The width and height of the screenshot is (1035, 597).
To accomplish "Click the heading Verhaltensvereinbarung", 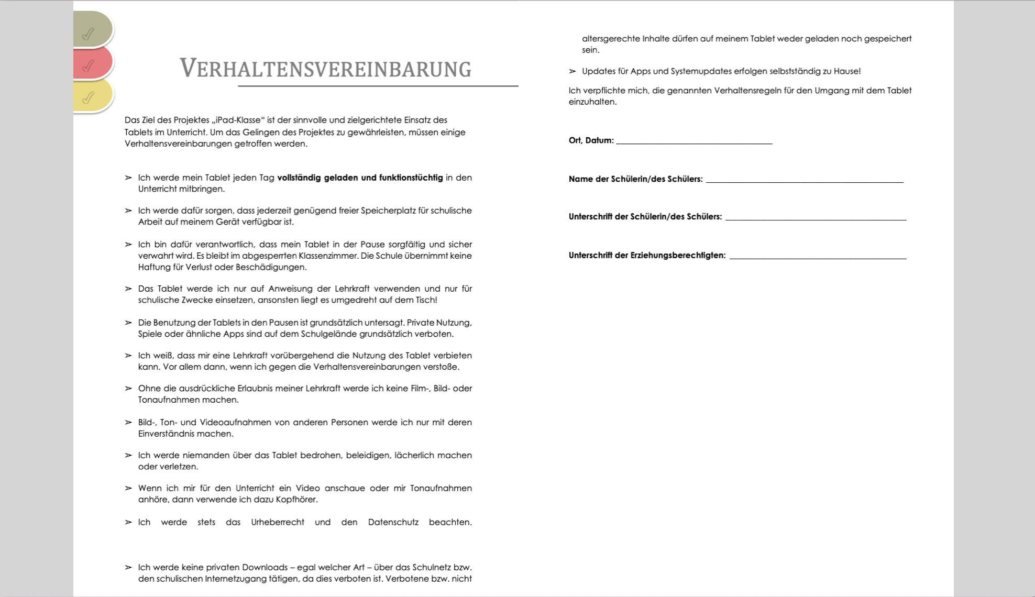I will [325, 69].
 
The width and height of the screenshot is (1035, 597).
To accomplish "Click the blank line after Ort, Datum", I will [693, 141].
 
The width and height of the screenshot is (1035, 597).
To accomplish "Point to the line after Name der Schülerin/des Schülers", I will [804, 180].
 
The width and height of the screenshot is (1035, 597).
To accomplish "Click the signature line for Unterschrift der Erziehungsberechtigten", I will [817, 257].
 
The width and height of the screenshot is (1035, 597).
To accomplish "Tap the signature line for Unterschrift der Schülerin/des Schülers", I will [815, 218].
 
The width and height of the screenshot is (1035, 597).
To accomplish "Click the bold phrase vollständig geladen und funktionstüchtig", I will [360, 178].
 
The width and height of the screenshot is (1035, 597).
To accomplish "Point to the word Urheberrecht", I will [277, 522].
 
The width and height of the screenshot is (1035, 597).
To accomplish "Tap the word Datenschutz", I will [393, 522].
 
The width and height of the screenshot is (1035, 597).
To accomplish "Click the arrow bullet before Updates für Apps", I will [572, 71].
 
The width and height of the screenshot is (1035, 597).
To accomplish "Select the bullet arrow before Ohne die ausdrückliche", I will [128, 389].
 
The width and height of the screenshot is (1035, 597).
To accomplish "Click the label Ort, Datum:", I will [591, 140].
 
